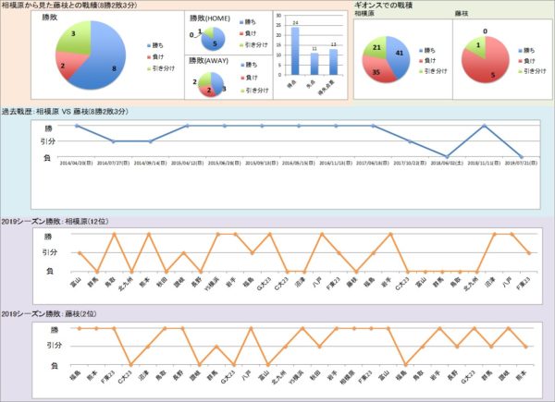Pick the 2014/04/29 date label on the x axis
[76, 161]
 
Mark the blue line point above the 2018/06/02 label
[447, 156]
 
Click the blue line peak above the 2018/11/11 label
[484, 126]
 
